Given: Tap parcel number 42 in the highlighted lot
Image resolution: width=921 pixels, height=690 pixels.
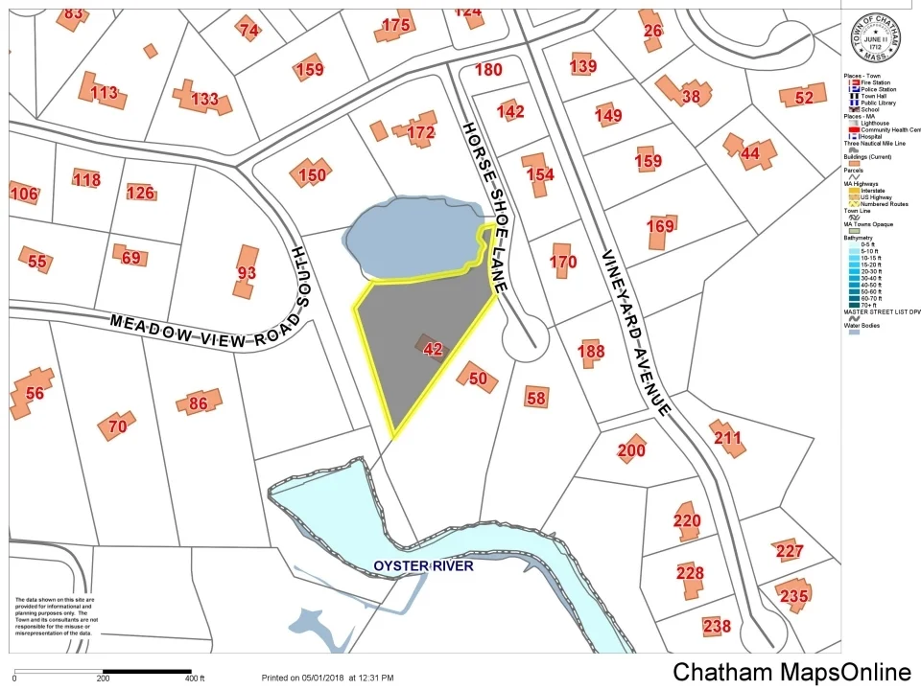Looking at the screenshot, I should [433, 349].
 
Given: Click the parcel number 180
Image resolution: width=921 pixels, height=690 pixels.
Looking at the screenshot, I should [488, 69].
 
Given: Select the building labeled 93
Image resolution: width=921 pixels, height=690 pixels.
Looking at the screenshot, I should [247, 272].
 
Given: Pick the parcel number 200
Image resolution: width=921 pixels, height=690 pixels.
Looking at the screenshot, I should [631, 449].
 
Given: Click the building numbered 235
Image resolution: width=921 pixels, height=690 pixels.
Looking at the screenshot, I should [793, 595].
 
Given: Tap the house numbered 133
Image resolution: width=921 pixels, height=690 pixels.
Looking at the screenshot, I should [203, 98].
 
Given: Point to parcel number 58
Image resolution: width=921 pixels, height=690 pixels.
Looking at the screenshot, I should [536, 397].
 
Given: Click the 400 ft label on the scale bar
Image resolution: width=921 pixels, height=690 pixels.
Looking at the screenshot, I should [197, 678].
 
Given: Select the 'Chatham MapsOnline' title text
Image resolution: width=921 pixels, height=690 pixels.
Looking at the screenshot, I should [791, 673].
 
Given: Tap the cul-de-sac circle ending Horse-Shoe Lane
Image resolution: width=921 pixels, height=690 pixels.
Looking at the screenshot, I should [523, 341].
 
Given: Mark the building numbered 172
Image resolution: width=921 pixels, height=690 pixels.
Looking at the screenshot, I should [420, 131].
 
